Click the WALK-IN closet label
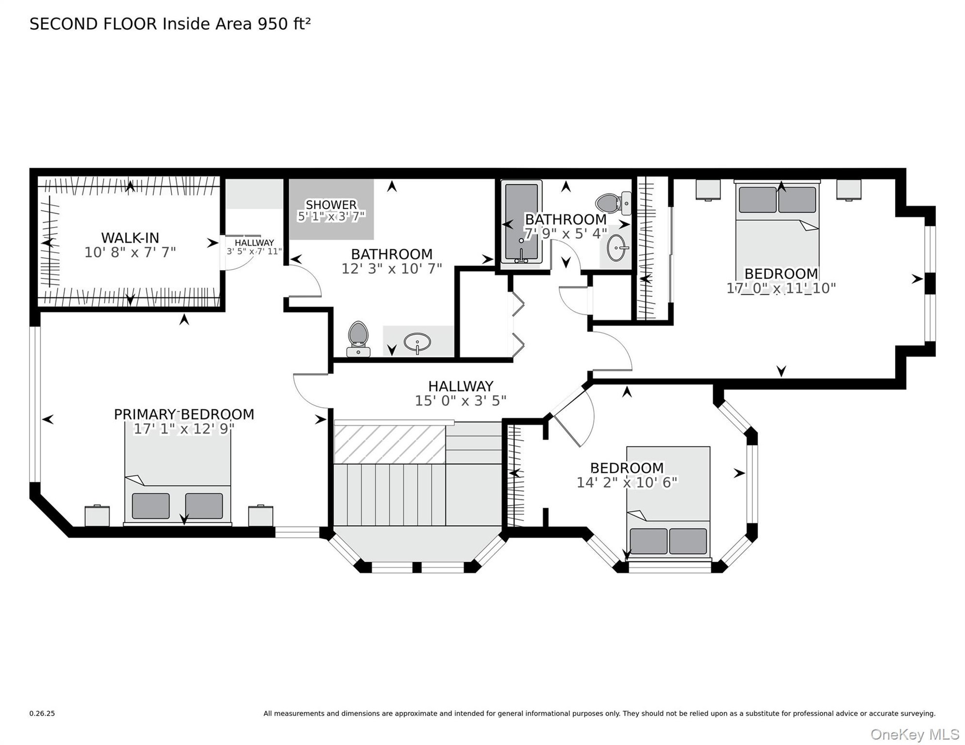pos(130,238)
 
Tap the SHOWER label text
pos(331,204)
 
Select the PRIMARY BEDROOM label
pos(184,414)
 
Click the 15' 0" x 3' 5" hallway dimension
pos(460,400)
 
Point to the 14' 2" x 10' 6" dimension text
pos(627,482)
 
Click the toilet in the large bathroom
pos(358,339)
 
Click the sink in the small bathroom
pos(618,248)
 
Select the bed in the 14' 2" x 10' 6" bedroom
pos(668,503)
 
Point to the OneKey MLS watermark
pos(914,734)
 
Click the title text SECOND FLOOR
pos(93,24)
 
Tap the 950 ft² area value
pos(284,24)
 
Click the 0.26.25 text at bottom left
pos(42,713)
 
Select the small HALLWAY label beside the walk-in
pos(254,243)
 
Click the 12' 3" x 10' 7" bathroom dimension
pos(392,268)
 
